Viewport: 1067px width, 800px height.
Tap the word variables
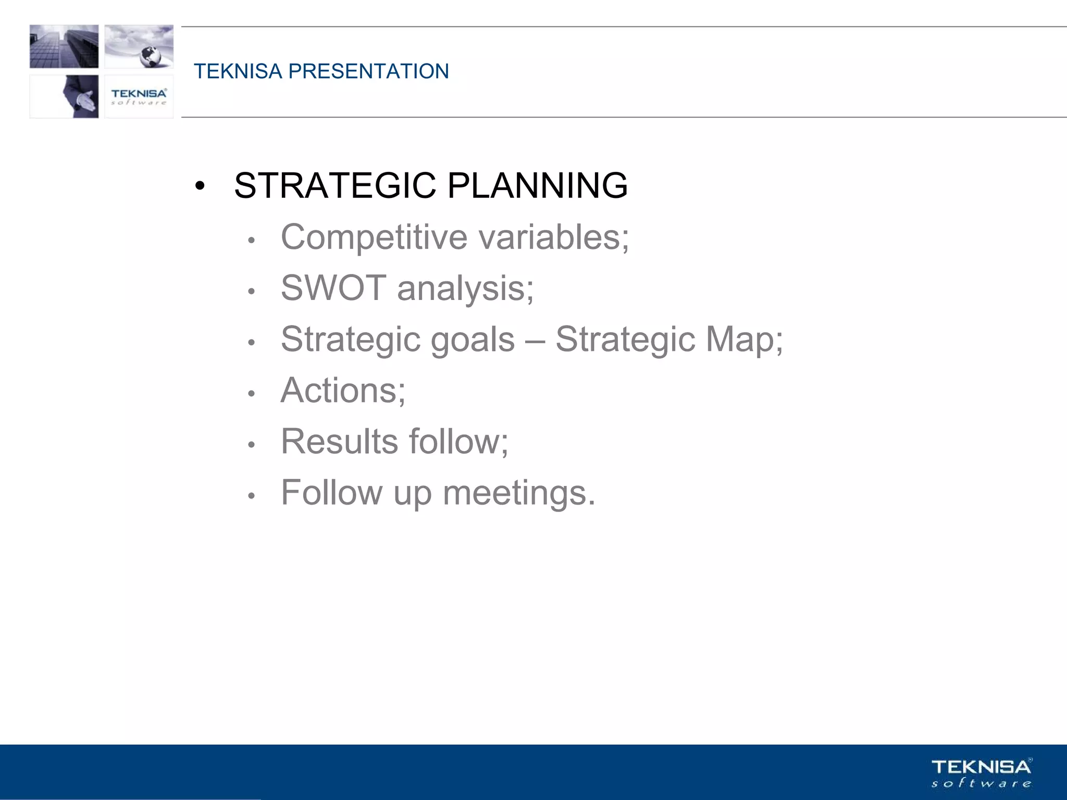(554, 238)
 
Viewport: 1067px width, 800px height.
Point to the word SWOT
(333, 288)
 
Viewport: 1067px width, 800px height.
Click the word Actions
(343, 391)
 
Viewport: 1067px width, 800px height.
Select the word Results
(339, 442)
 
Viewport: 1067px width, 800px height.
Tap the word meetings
(518, 493)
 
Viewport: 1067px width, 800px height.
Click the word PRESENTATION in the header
(369, 71)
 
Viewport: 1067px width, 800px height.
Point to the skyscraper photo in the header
(64, 46)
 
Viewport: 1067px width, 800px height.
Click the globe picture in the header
(139, 46)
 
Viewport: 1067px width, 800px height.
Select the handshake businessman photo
(64, 96)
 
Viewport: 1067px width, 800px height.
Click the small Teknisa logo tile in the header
(139, 96)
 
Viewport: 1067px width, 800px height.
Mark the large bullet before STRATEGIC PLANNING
(200, 186)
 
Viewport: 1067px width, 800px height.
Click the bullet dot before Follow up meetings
(251, 495)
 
